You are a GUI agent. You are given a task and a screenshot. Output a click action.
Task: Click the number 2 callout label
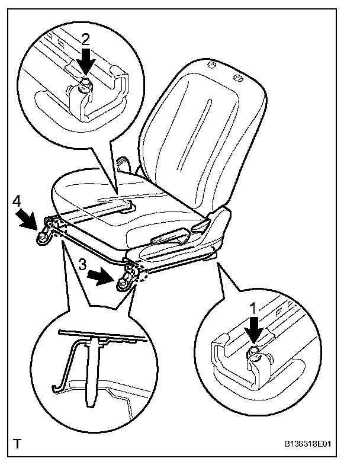[86, 40]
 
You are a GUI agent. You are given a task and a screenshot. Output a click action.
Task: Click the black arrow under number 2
[86, 60]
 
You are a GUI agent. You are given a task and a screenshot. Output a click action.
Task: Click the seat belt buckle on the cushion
[126, 206]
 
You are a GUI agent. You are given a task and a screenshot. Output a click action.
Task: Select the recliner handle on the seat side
[171, 238]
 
